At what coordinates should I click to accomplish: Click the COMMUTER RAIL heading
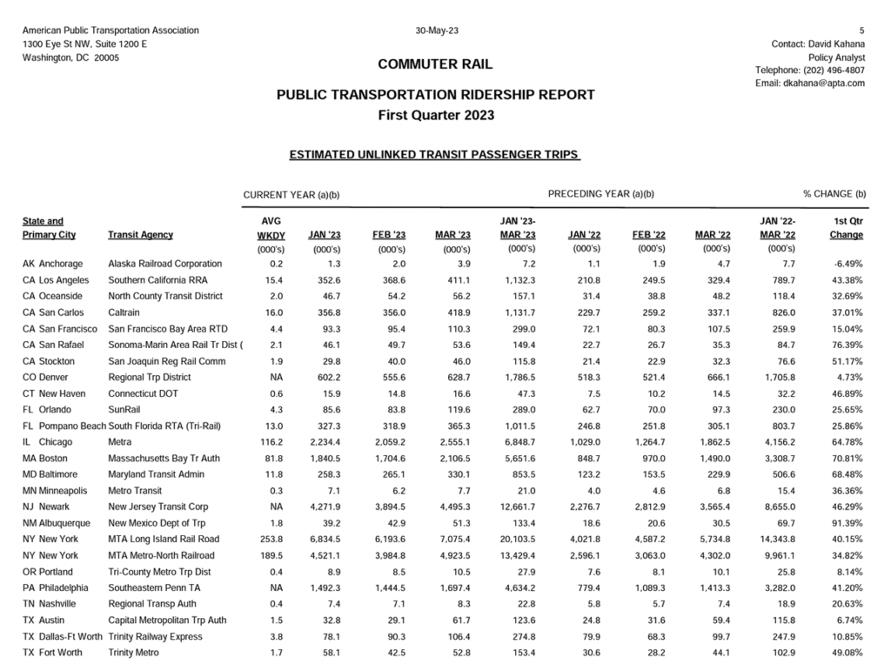435,64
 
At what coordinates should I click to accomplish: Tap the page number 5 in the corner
862,30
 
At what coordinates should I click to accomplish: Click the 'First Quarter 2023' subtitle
435,115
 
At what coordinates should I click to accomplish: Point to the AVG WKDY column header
271,228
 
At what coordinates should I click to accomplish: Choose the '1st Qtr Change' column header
847,228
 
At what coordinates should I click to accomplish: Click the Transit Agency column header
140,235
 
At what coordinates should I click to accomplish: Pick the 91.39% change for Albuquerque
847,523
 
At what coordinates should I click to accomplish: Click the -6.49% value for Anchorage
847,264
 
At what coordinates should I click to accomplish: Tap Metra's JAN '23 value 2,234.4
323,442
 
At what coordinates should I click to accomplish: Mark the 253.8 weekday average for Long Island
271,540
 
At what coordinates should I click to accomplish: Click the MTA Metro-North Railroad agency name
163,555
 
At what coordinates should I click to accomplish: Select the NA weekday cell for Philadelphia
277,588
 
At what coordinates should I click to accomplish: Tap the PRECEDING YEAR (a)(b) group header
601,194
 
